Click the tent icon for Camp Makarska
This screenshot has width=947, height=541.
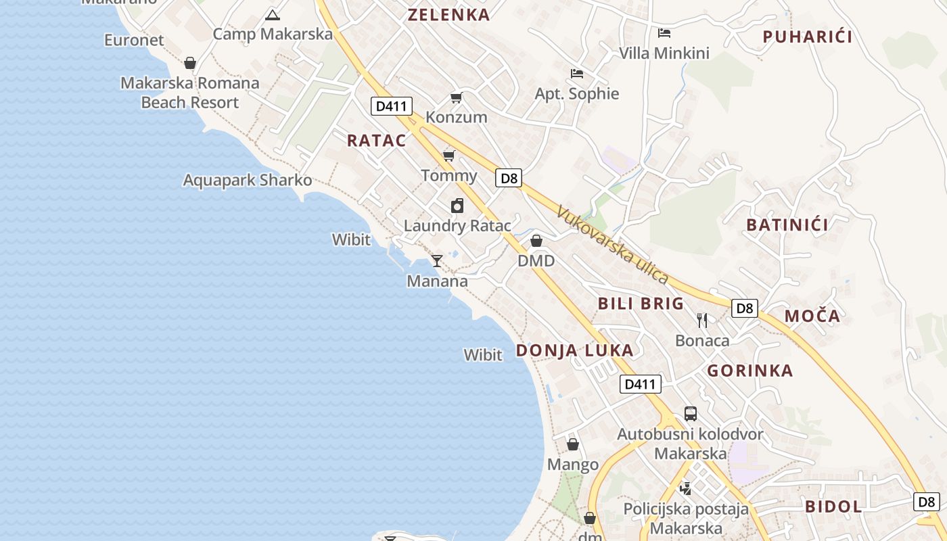click(273, 15)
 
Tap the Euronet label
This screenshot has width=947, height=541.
click(134, 40)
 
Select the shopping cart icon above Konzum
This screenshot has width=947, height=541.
click(457, 98)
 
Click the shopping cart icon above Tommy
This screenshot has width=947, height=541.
click(448, 156)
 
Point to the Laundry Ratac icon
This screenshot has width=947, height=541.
click(457, 206)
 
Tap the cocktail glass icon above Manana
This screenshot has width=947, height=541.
click(437, 260)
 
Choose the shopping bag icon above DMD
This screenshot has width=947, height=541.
click(536, 241)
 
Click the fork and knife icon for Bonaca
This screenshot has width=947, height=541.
click(702, 321)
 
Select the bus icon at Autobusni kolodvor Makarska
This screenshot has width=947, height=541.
click(690, 413)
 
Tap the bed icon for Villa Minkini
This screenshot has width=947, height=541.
click(664, 32)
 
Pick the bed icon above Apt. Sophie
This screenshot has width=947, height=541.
click(576, 73)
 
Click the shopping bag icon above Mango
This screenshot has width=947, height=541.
click(573, 444)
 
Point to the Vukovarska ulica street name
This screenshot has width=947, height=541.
click(613, 245)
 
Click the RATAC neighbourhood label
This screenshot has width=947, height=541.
click(376, 141)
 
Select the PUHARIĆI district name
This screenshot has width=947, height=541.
click(808, 37)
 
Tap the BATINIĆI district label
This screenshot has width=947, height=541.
click(787, 225)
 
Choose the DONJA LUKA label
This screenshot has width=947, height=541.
click(575, 350)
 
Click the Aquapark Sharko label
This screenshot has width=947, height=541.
click(248, 181)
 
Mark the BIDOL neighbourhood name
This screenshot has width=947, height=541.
click(833, 507)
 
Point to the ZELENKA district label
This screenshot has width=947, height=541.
click(448, 15)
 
